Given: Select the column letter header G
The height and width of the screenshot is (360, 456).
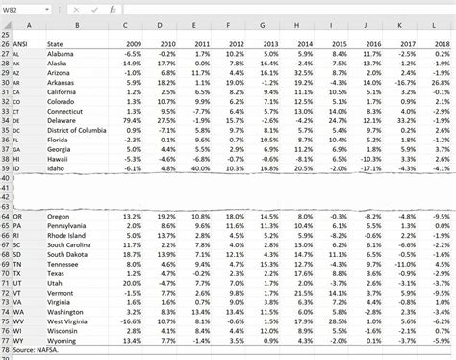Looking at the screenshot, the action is pos(262,25).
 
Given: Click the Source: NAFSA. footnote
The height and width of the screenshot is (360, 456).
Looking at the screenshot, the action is pos(35,352).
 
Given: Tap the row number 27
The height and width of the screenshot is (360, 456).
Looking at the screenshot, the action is pos(6,57).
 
